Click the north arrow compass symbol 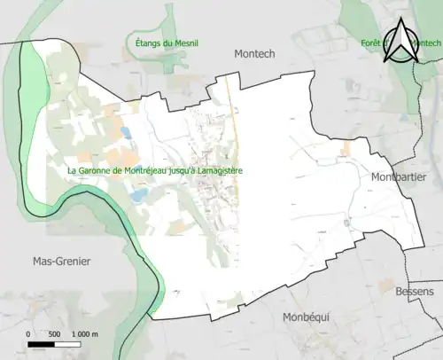click(403, 41)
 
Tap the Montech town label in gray click(254, 54)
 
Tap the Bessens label click(415, 292)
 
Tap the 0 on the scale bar click(29, 334)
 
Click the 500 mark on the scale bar click(55, 334)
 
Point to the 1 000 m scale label click(84, 334)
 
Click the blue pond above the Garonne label click(125, 134)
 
